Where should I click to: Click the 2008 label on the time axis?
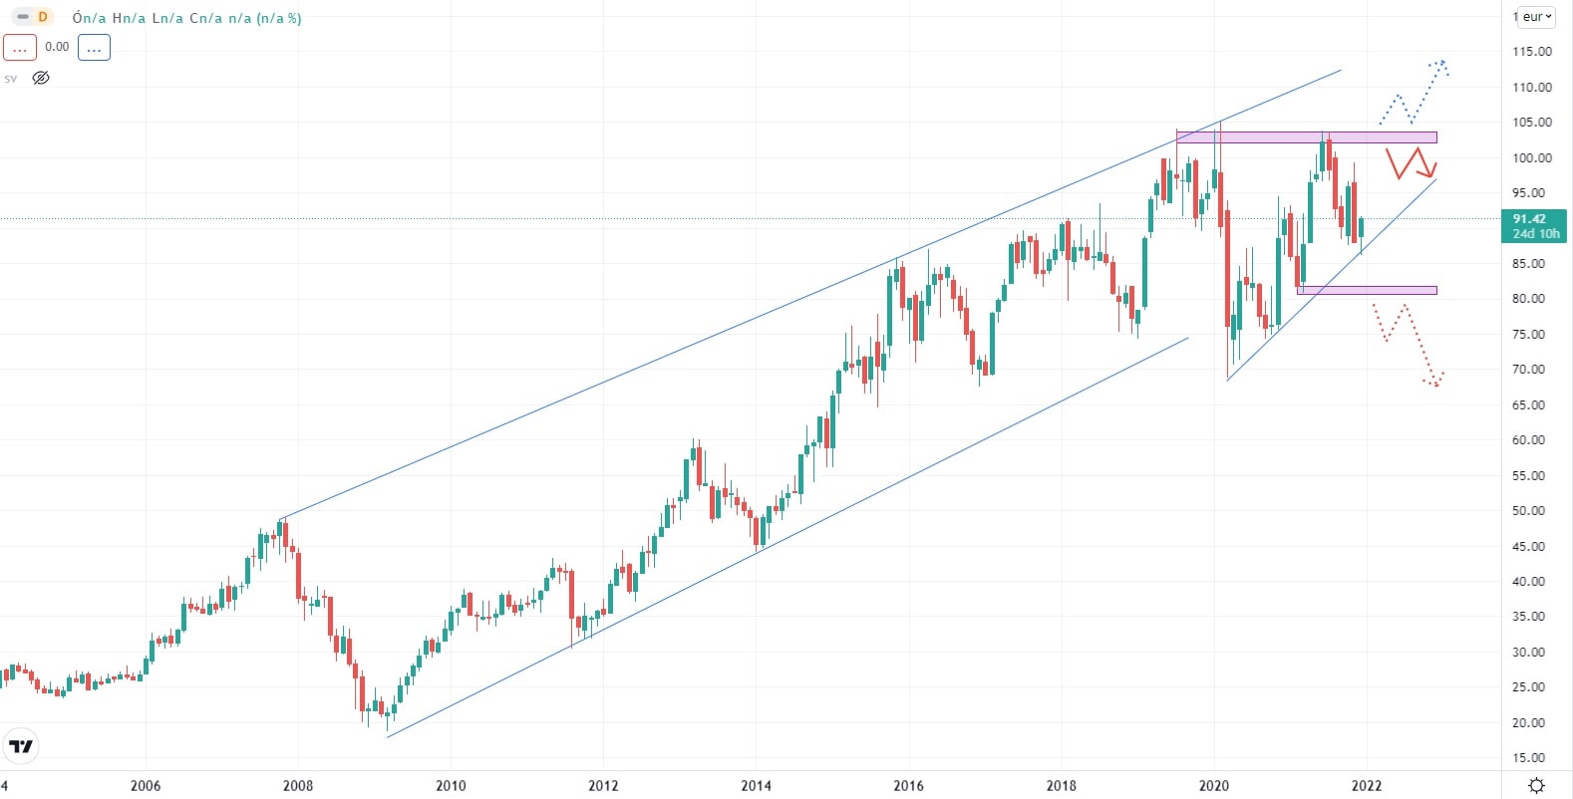point(298,785)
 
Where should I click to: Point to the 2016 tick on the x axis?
point(908,785)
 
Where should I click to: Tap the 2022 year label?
point(1367,785)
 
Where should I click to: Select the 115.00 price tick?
point(1531,52)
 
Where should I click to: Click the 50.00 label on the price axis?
point(1531,511)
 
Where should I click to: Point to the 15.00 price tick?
point(1531,758)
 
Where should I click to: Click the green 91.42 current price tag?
point(1533,225)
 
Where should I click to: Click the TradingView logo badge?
point(20,746)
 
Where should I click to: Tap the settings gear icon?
point(1537,785)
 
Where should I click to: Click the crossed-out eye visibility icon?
point(41,78)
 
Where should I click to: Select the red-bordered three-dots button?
point(20,47)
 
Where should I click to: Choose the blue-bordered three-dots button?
point(94,47)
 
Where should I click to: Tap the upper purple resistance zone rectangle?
point(1306,137)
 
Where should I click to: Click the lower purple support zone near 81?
point(1367,291)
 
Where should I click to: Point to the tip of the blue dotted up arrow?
point(1441,63)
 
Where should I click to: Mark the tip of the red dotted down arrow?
point(1436,384)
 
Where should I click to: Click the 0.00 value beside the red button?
point(57,47)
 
